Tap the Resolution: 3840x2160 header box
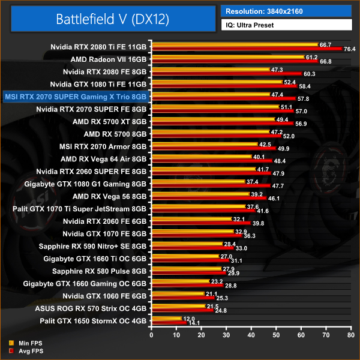(x=286, y=11)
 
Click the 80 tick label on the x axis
(x=350, y=334)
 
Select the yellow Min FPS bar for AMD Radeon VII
(x=228, y=58)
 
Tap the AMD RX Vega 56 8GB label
(x=109, y=196)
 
